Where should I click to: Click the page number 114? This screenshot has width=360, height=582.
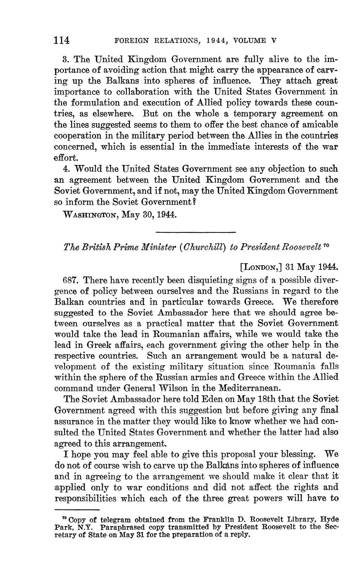(x=62, y=40)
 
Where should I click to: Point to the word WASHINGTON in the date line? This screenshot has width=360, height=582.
(x=89, y=214)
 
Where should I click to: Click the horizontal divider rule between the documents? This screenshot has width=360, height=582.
(x=196, y=232)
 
